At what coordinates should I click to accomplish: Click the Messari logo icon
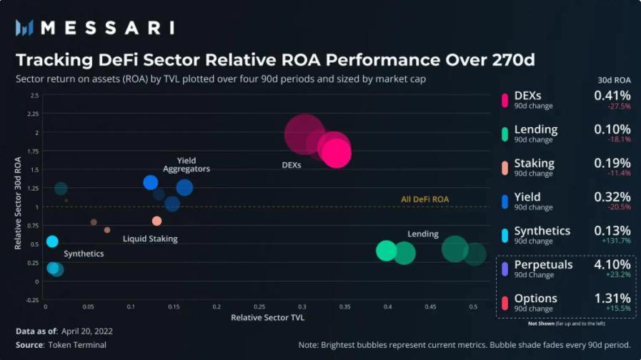pyautogui.click(x=25, y=28)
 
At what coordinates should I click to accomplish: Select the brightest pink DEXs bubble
pyautogui.click(x=337, y=152)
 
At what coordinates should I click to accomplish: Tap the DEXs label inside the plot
pyautogui.click(x=292, y=165)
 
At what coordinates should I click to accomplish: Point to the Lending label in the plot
pyautogui.click(x=423, y=234)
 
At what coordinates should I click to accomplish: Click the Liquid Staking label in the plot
pyautogui.click(x=150, y=239)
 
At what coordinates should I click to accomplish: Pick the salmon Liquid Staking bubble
pyautogui.click(x=157, y=221)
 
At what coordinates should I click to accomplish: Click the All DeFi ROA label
pyautogui.click(x=424, y=199)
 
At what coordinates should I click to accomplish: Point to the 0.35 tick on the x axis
pyautogui.click(x=345, y=306)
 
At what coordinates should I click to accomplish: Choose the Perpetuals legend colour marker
pyautogui.click(x=505, y=269)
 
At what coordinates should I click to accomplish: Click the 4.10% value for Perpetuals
pyautogui.click(x=612, y=264)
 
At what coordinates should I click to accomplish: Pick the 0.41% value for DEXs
pyautogui.click(x=612, y=96)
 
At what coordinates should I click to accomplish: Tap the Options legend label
pyautogui.click(x=535, y=299)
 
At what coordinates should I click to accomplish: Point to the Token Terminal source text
pyautogui.click(x=77, y=345)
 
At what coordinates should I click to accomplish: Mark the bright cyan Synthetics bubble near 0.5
pyautogui.click(x=52, y=241)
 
